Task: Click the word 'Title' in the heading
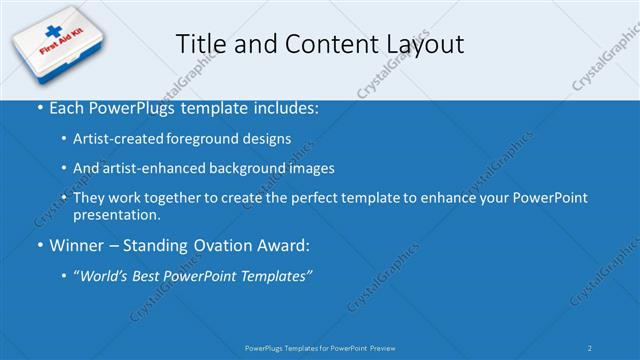[200, 44]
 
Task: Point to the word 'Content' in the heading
[319, 44]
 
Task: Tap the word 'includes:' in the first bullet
[284, 107]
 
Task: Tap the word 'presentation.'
[116, 214]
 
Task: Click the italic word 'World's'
[108, 276]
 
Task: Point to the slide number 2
[590, 347]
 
